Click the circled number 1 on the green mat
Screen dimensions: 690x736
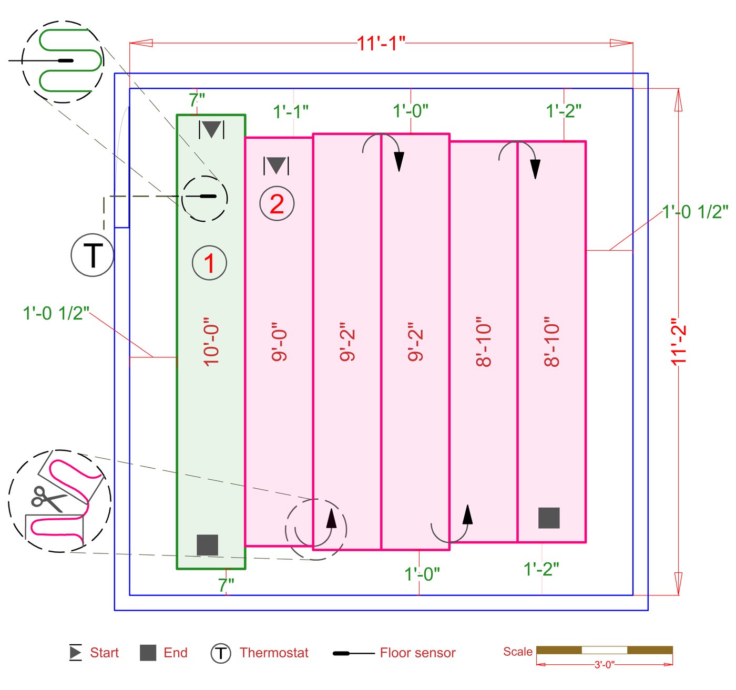pyautogui.click(x=210, y=263)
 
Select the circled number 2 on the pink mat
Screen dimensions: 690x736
pyautogui.click(x=277, y=203)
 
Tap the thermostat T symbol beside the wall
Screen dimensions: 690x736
pyautogui.click(x=93, y=255)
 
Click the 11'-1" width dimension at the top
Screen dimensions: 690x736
pyautogui.click(x=381, y=43)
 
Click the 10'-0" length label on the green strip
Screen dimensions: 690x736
pyautogui.click(x=210, y=342)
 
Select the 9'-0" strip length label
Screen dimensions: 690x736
pyautogui.click(x=279, y=345)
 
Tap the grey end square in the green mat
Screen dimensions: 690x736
pyautogui.click(x=207, y=545)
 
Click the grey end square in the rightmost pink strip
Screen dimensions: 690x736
pyautogui.click(x=549, y=518)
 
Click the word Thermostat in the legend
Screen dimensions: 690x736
pyautogui.click(x=274, y=653)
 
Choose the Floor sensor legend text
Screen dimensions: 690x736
pyautogui.click(x=417, y=653)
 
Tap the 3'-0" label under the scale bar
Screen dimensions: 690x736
pyautogui.click(x=604, y=665)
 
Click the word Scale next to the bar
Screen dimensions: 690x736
pyautogui.click(x=518, y=652)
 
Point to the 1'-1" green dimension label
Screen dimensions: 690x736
pyautogui.click(x=291, y=111)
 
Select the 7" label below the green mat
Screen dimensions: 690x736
pyautogui.click(x=226, y=584)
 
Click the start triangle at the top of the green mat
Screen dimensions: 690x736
pyautogui.click(x=212, y=129)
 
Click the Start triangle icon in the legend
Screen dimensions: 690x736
pyautogui.click(x=76, y=653)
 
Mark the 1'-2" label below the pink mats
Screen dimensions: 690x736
pyautogui.click(x=541, y=569)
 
